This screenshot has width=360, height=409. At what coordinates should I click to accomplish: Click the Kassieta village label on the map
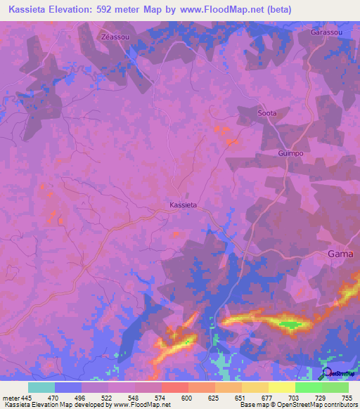[x=183, y=204]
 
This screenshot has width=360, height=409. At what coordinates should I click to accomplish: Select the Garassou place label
[x=326, y=32]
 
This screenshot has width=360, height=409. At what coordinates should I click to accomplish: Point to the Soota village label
[x=267, y=112]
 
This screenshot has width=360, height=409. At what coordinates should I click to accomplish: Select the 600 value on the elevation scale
[x=187, y=397]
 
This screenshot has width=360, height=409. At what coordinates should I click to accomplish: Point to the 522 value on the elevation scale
[x=107, y=397]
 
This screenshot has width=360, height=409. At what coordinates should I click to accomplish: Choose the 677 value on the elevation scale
[x=267, y=397]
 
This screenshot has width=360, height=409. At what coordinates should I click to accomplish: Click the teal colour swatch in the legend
[x=41, y=387]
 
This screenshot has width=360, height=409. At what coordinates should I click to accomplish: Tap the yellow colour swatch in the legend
[x=282, y=387]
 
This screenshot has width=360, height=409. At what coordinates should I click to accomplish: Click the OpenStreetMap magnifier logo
[x=326, y=372]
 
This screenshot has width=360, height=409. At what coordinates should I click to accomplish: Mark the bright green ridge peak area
[x=290, y=324]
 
